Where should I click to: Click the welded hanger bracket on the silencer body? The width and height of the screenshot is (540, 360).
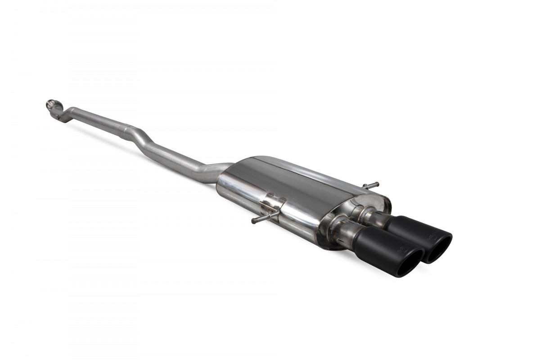pyautogui.click(x=272, y=207)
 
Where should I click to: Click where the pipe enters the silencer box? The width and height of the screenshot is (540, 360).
pyautogui.click(x=220, y=173)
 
